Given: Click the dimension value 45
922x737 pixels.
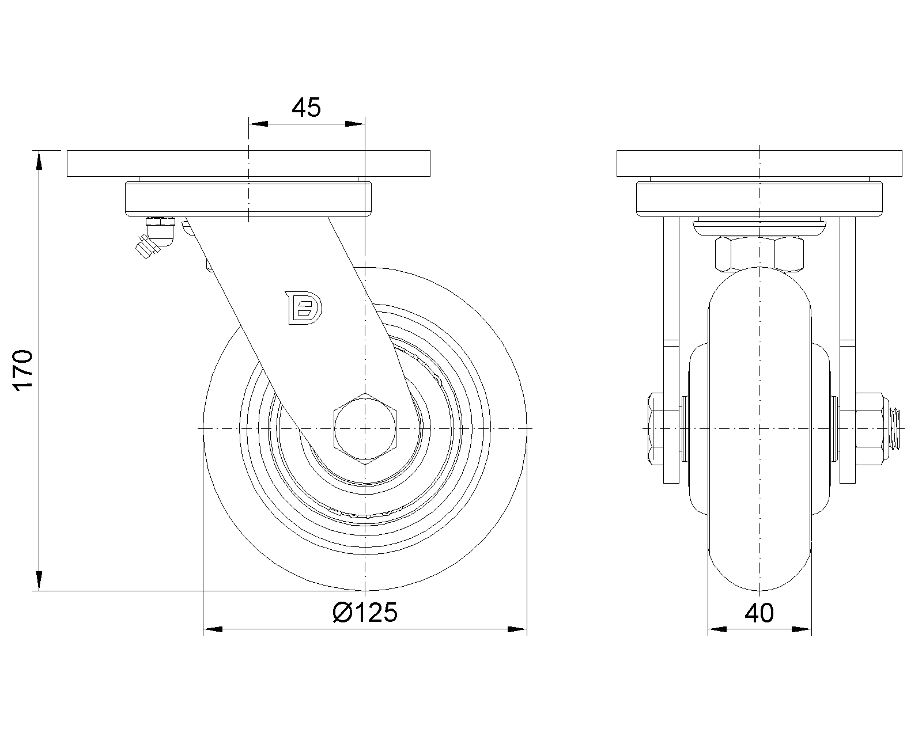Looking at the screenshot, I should (x=306, y=108).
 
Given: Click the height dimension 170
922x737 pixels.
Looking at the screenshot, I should (x=24, y=370).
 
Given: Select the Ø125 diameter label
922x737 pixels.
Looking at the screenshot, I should (x=365, y=613).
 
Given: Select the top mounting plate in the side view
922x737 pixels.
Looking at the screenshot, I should (x=248, y=164).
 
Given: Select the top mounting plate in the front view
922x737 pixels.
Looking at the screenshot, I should (x=760, y=164).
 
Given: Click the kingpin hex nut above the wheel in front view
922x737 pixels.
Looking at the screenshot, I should (x=759, y=253).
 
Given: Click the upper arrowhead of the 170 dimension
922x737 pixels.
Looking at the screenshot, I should (x=39, y=161).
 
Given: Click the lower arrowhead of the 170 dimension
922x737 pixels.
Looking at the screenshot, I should (x=39, y=580).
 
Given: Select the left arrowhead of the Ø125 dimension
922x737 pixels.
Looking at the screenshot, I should (x=214, y=629).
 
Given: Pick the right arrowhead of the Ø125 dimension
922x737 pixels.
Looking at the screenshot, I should (x=517, y=629).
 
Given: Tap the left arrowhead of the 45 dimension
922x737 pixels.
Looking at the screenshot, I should (x=258, y=124).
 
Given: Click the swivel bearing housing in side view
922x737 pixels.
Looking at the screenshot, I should (x=248, y=199).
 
